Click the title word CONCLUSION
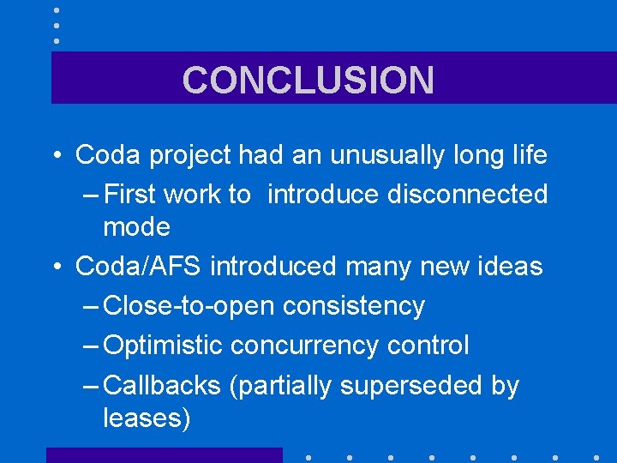point(308,80)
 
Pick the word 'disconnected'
point(467,195)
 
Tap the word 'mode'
point(136,227)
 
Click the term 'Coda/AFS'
point(139,267)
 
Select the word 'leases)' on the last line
point(147,418)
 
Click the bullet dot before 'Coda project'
point(56,156)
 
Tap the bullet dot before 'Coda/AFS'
point(56,268)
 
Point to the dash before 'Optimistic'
point(92,346)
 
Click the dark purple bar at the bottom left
point(164,455)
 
